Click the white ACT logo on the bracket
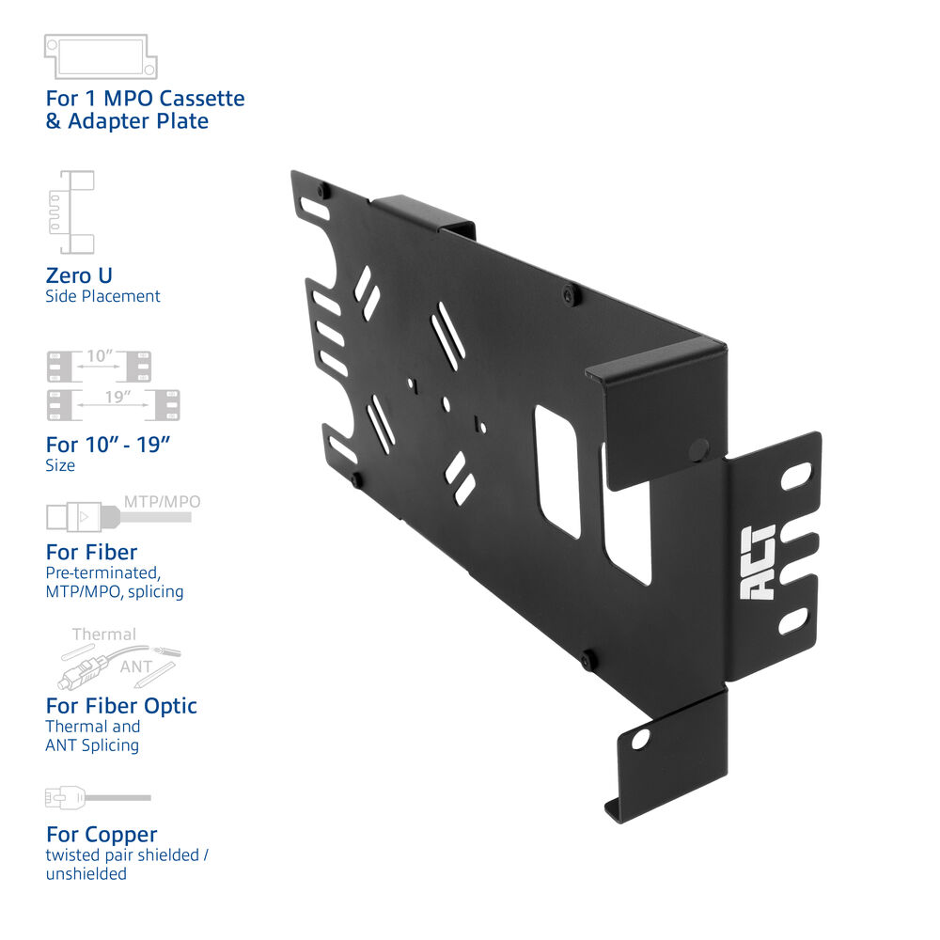759,563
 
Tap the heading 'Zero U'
79,275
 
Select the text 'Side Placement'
102,296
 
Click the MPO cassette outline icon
101,56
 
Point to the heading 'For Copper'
102,834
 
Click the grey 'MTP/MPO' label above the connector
162,502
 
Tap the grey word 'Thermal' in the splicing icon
104,634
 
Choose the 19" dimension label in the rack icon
117,397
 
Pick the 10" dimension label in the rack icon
100,356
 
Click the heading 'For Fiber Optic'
121,706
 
